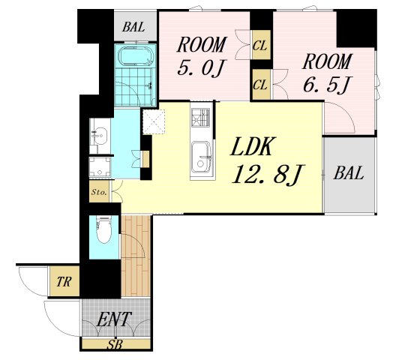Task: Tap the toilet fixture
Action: tap(103, 229)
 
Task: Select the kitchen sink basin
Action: tap(201, 157)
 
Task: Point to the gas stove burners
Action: tap(200, 117)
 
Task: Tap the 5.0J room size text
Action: tap(201, 67)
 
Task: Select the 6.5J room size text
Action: tap(325, 84)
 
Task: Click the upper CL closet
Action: tap(261, 45)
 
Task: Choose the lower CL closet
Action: tap(261, 84)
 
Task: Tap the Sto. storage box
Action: tap(99, 191)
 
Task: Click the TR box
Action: tap(64, 281)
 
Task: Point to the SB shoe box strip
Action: tap(116, 344)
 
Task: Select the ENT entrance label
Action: tap(114, 319)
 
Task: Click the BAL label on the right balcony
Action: tap(349, 173)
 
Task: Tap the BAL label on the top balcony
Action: tap(133, 27)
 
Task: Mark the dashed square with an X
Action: tap(154, 121)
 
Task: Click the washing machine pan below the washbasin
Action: tap(100, 166)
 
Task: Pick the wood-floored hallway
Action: tap(136, 256)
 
